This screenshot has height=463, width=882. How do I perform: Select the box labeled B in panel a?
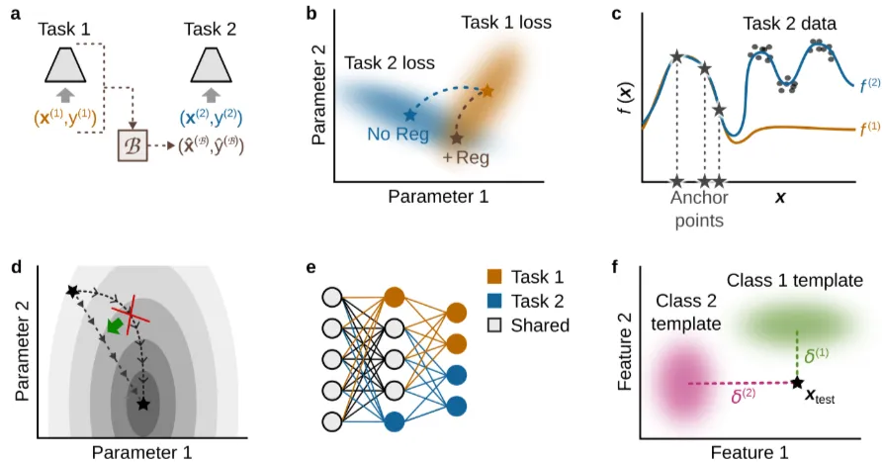click(x=133, y=146)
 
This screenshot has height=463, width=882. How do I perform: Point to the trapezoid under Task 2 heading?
click(x=209, y=65)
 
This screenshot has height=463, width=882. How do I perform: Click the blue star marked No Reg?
click(x=409, y=115)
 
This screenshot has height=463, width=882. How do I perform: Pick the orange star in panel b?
click(x=486, y=92)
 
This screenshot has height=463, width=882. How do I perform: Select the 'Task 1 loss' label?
click(x=505, y=21)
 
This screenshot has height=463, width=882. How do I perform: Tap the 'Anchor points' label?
click(x=699, y=209)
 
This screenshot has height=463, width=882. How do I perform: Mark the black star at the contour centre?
click(x=143, y=404)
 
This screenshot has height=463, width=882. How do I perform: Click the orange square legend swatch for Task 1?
click(x=494, y=278)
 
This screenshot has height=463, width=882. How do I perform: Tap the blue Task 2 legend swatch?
click(x=494, y=302)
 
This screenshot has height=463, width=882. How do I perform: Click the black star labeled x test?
click(x=796, y=383)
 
